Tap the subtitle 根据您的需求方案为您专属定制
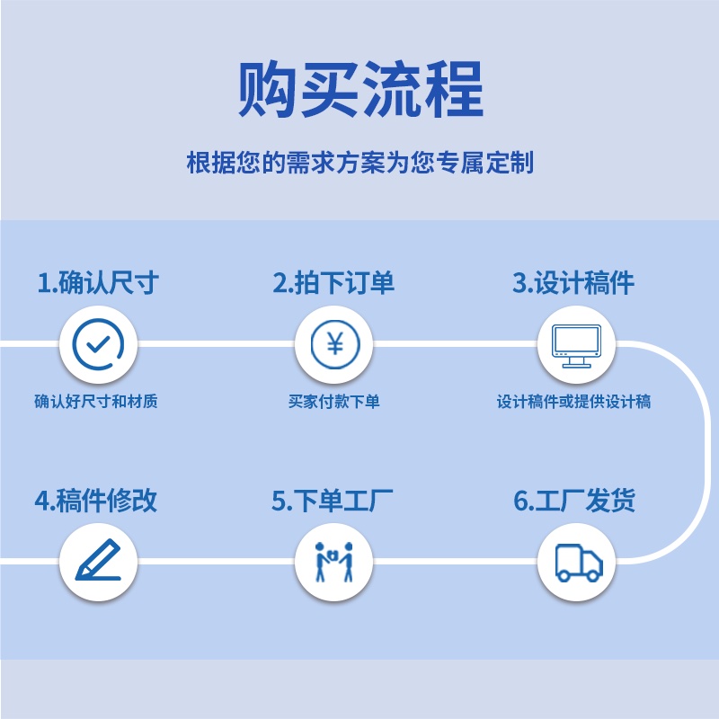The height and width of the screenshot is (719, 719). pos(359,164)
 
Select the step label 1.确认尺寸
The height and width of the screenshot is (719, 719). pos(98,283)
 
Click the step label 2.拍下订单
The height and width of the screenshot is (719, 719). pos(333,283)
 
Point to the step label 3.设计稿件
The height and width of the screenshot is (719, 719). pos(573,283)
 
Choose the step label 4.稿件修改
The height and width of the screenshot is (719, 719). pos(96,501)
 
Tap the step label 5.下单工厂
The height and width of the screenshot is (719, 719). pos(333,501)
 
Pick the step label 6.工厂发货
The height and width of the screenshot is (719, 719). pos(574,501)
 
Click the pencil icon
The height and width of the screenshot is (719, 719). pos(98,562)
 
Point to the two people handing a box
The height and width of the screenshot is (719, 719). pos(333,562)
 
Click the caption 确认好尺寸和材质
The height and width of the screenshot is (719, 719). pos(96,402)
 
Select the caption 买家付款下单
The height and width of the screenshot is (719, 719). pos(333,402)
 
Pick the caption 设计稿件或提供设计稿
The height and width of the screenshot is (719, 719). pos(573,402)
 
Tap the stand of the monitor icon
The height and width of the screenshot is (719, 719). pos(575,362)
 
